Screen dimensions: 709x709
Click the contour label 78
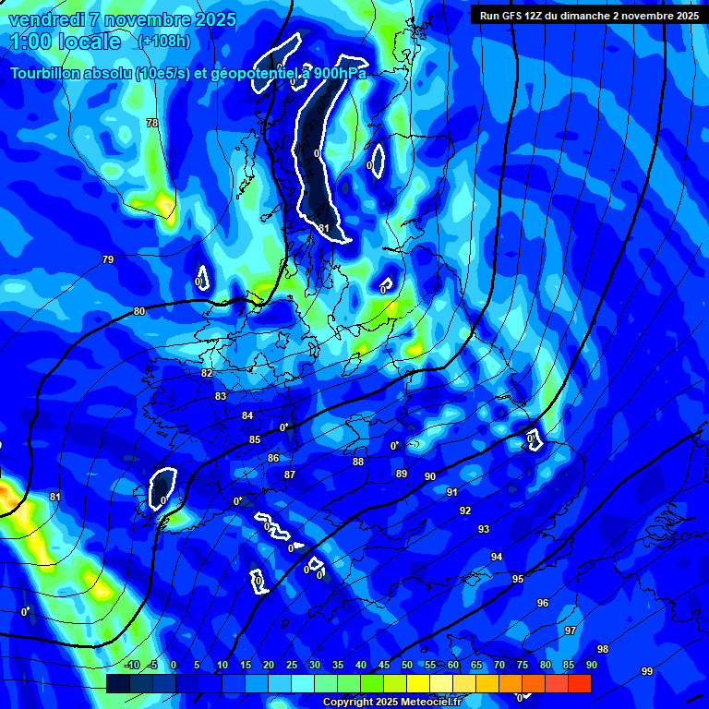[x=152, y=123]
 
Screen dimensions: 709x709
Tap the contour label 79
[x=108, y=259]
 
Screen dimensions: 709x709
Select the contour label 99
[x=646, y=671]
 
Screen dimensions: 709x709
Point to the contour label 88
[x=358, y=462]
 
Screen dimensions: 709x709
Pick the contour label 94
[x=497, y=557]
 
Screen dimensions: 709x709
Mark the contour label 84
[x=247, y=415]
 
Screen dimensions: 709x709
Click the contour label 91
[x=452, y=492]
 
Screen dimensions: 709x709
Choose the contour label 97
[x=571, y=631]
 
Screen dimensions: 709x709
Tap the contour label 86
[x=273, y=458]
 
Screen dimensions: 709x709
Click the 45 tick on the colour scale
[x=384, y=666]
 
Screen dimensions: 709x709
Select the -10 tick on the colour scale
[x=131, y=666]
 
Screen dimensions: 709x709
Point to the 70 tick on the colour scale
[x=499, y=666]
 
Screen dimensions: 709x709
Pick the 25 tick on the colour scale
[x=292, y=666]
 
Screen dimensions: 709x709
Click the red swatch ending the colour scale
[x=579, y=683]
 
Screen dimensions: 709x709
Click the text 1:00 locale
[x=66, y=42]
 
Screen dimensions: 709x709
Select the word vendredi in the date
[x=47, y=19]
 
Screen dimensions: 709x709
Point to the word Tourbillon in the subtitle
[x=48, y=73]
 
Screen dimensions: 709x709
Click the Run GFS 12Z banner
[x=588, y=15]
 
